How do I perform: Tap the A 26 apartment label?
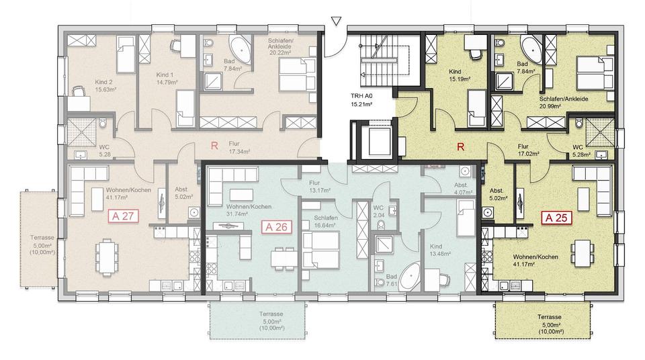[276, 226]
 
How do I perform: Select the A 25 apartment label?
[558, 218]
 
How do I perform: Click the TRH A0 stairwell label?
[361, 100]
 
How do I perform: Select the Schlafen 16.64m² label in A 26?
[322, 222]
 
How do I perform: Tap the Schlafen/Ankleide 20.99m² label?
[563, 103]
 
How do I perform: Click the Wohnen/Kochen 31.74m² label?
[249, 210]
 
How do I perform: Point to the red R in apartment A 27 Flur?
[214, 145]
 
